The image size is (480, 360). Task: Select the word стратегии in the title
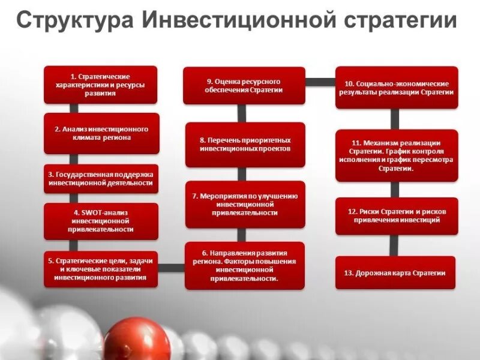pos(400,21)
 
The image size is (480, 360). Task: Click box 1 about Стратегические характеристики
pos(101,85)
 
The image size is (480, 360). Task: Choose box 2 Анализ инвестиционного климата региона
pos(101,133)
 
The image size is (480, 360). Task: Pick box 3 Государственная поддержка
pos(101,178)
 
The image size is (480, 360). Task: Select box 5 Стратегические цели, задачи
pos(101,269)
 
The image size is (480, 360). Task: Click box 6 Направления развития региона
pos(245,266)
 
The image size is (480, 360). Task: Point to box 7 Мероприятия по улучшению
pos(245,204)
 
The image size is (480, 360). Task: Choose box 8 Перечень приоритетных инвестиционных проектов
pos(245,144)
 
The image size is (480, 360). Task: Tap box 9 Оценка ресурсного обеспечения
pos(244,85)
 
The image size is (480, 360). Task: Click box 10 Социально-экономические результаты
pos(397,88)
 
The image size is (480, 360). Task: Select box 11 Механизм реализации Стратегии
pos(397,155)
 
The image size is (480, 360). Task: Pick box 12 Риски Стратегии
pos(397,216)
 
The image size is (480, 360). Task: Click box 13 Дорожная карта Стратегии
pos(395,273)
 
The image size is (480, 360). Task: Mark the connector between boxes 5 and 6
pos(172,265)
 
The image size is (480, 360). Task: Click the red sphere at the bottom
pos(136,340)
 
